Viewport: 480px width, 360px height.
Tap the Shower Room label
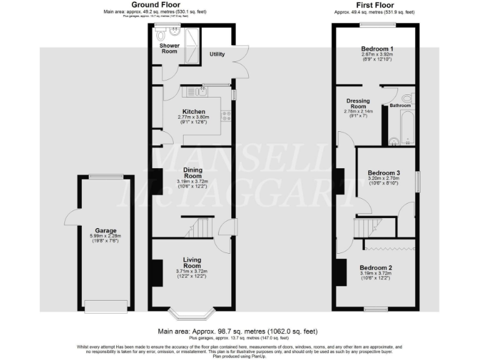tap(169, 49)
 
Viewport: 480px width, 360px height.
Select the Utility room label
tap(217, 54)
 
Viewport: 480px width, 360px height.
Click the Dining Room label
tap(192, 172)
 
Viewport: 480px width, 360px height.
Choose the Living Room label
tap(192, 262)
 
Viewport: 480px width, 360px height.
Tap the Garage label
tap(106, 231)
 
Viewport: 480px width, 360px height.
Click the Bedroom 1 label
tap(377, 49)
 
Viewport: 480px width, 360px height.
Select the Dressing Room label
tap(357, 104)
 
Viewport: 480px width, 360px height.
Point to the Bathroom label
tap(400, 106)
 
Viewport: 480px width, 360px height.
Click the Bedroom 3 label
tap(383, 173)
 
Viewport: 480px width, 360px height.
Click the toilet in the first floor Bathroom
tap(408, 99)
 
